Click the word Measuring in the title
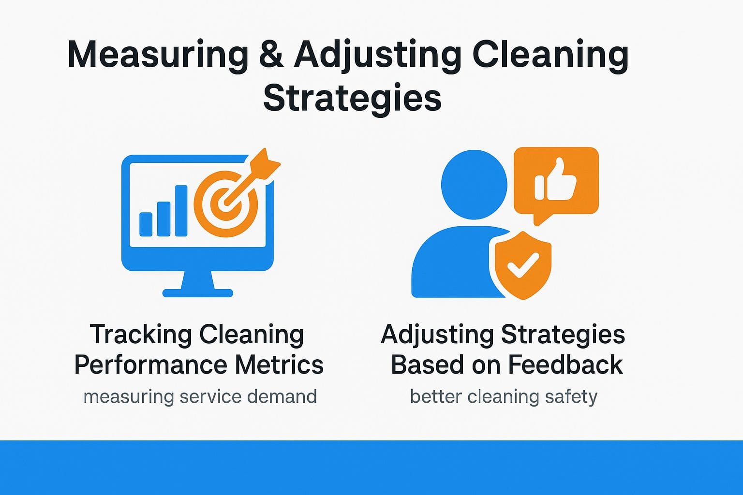coord(158,55)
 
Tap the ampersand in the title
coord(271,54)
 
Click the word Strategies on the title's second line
coord(352,99)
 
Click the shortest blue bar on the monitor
coord(146,224)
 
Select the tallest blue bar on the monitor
coord(181,211)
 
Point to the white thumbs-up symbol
coord(556,181)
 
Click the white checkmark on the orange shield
coord(523,264)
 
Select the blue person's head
coord(474,184)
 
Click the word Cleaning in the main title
coord(550,55)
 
